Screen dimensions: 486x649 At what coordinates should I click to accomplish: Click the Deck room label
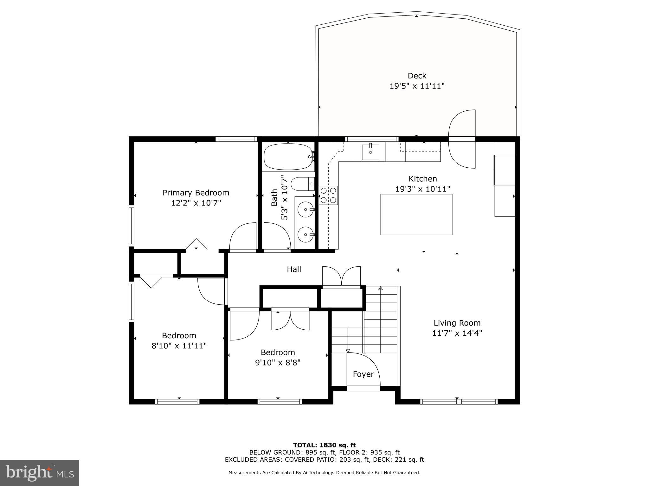pos(417,76)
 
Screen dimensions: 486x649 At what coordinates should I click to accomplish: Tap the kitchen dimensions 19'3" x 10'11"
pos(423,189)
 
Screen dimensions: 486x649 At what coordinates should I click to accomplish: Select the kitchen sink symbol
pos(370,152)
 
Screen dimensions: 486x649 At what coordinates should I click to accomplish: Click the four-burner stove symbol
pos(328,195)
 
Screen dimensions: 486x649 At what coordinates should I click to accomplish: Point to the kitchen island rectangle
pos(416,214)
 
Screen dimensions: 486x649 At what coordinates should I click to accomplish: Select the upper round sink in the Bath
pos(305,209)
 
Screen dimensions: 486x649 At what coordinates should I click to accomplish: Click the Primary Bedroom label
pos(196,193)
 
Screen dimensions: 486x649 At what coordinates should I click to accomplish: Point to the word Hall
pos(294,269)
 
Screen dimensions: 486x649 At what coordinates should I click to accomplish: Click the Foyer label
pos(363,374)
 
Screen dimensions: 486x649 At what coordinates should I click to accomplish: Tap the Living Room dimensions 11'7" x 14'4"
pos(457,333)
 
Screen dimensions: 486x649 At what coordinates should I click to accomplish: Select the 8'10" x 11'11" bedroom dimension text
pos(179,346)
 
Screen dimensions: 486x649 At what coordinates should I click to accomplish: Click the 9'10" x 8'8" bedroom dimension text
pos(278,363)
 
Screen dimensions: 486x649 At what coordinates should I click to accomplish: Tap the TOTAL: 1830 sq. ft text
pos(324,445)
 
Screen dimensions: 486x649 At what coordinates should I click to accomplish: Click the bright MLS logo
pos(40,473)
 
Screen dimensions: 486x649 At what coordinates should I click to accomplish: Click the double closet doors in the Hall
pos(341,276)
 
